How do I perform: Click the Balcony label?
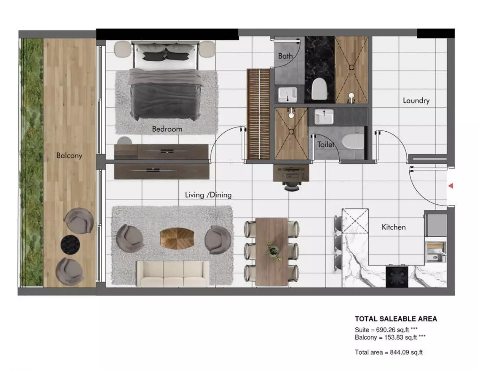coord(69,155)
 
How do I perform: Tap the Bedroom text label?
coord(167,129)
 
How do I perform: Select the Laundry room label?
coord(416,101)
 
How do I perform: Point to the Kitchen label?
coord(394,227)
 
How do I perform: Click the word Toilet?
coord(325,144)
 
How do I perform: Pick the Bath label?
coord(285,56)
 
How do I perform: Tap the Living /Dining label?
coord(208,195)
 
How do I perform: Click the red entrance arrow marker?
coord(450,186)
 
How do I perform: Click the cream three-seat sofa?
coord(173,273)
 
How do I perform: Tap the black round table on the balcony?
coord(70,245)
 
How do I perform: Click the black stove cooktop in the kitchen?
coord(397,277)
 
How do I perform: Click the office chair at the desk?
coord(292,186)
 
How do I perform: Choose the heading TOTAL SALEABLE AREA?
coord(396,319)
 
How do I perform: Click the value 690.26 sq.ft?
coord(392,330)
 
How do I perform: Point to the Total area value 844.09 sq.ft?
coord(406,352)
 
